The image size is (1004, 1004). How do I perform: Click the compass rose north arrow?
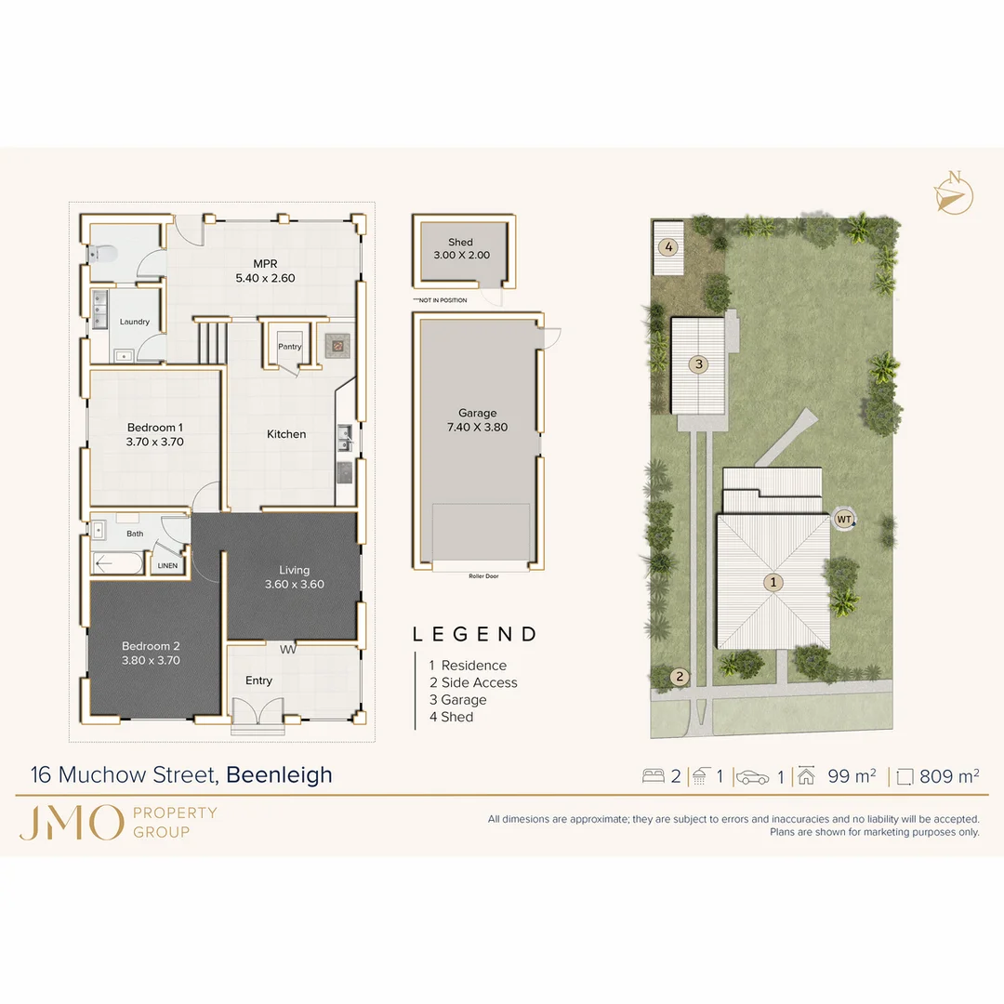(x=954, y=192)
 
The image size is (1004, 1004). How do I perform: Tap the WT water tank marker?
(x=844, y=519)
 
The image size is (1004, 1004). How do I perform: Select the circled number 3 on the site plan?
(x=699, y=364)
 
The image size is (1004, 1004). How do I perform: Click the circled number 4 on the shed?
(x=667, y=247)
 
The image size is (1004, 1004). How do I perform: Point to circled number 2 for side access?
(x=680, y=677)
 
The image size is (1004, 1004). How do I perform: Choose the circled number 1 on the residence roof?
(x=773, y=583)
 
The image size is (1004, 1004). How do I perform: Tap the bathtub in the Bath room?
(x=118, y=563)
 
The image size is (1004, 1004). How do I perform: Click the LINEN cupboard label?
(x=167, y=565)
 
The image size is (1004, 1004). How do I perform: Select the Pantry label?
(x=290, y=347)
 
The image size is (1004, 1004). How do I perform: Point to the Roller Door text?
(x=479, y=576)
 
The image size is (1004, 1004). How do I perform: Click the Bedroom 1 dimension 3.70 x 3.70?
(x=155, y=443)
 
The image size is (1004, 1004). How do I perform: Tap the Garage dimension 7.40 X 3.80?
(x=477, y=428)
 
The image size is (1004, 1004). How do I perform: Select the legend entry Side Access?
(x=479, y=682)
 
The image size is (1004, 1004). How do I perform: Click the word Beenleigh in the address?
(x=280, y=774)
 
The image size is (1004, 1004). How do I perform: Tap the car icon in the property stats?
(x=753, y=777)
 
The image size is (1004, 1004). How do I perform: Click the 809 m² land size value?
(x=948, y=776)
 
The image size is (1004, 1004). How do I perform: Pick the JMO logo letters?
(x=71, y=823)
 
